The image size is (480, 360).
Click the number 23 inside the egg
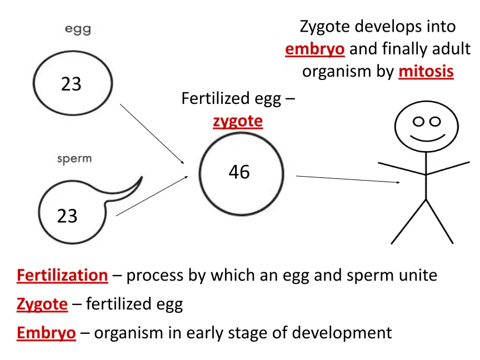click(71, 84)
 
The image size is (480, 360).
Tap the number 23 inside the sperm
click(67, 216)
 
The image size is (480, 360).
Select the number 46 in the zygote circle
click(239, 172)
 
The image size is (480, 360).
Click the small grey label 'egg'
click(78, 29)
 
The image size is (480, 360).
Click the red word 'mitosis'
click(426, 71)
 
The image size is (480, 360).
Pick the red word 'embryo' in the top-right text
click(315, 49)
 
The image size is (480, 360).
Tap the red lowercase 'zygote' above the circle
click(238, 122)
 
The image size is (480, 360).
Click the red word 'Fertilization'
click(62, 275)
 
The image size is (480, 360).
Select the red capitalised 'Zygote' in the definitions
click(42, 304)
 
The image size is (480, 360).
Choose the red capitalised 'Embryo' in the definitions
click(46, 333)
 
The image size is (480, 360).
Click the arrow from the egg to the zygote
click(152, 134)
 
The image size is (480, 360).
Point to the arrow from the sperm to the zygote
click(152, 196)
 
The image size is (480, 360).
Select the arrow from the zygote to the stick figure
click(348, 179)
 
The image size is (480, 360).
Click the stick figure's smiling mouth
click(427, 137)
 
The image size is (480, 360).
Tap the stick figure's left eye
click(418, 122)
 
